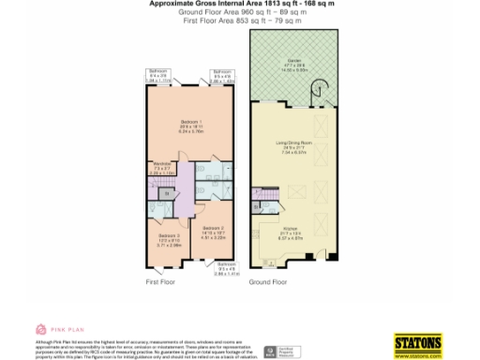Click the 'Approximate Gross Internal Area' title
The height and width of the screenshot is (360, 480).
click(240, 4)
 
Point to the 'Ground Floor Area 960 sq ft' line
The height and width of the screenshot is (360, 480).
click(240, 11)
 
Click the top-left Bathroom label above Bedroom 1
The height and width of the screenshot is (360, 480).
click(159, 75)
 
